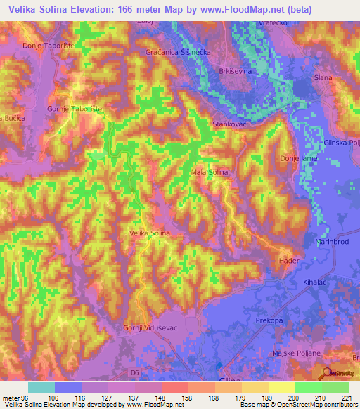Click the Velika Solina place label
(150, 233)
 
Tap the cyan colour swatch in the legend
(41, 387)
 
